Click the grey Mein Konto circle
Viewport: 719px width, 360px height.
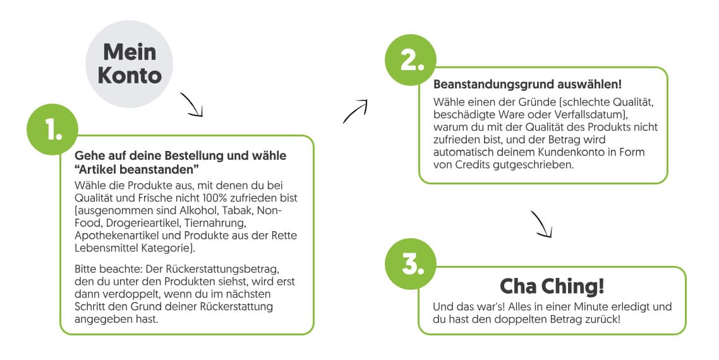[x=129, y=64]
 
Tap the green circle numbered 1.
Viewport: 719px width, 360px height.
[x=52, y=129]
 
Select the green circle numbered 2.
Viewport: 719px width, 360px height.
[x=411, y=60]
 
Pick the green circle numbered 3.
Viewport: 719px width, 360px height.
[x=411, y=264]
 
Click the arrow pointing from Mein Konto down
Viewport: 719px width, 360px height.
[x=192, y=104]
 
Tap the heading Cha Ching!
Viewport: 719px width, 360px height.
[x=552, y=287]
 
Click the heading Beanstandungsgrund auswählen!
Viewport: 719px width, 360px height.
[x=528, y=85]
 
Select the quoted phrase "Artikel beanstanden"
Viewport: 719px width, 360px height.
[x=136, y=169]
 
